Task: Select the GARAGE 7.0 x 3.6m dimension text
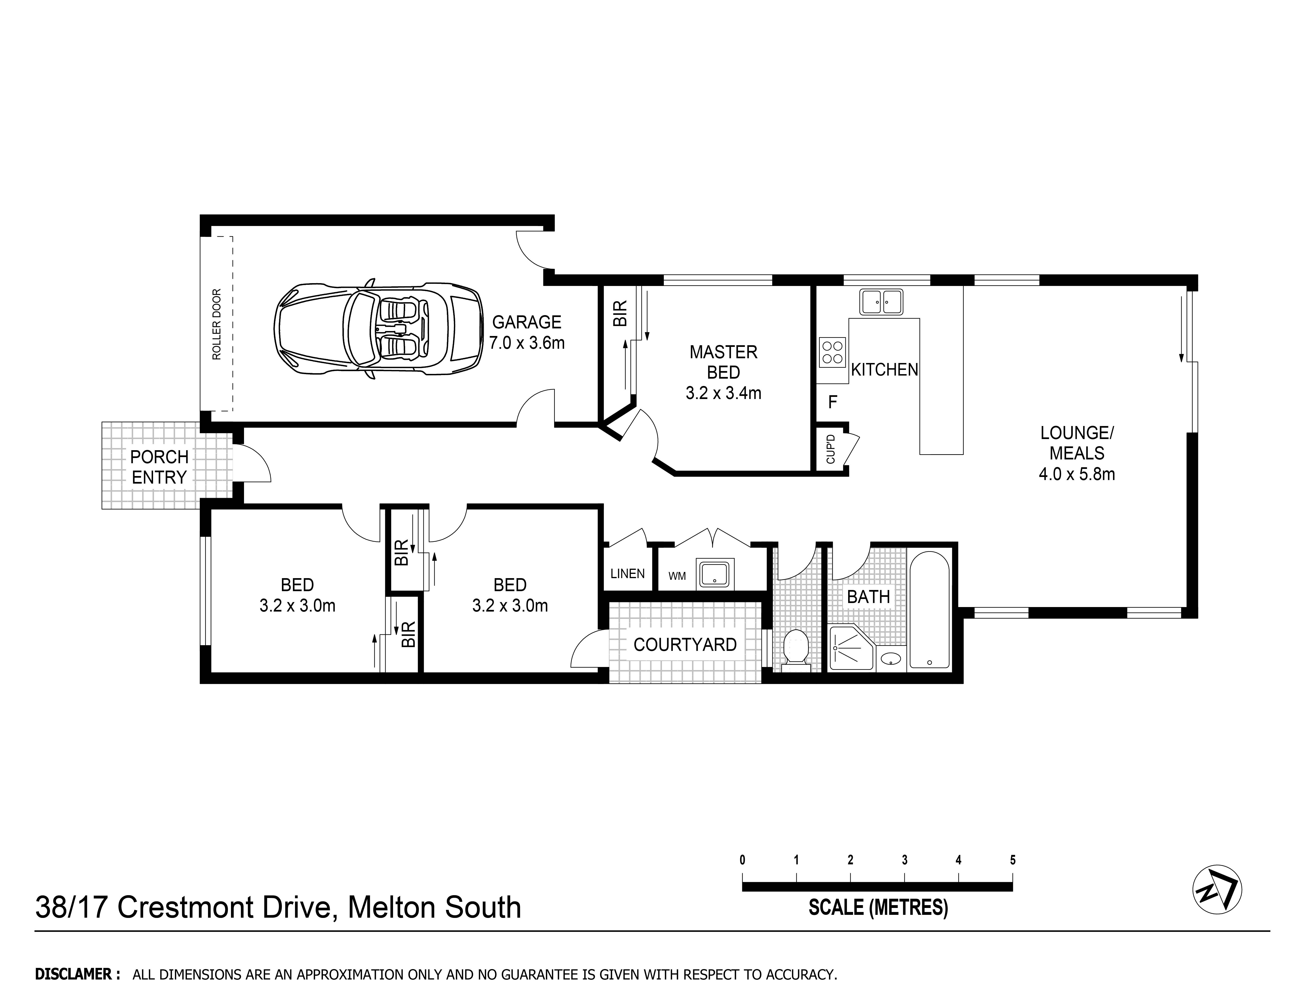click(x=527, y=333)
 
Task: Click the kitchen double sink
click(x=881, y=302)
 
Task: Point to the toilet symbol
click(x=795, y=648)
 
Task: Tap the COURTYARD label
click(x=685, y=645)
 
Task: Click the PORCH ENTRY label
click(x=159, y=467)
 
